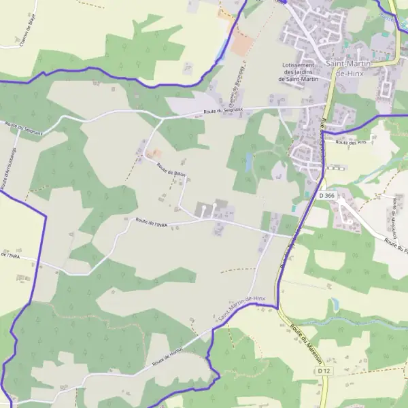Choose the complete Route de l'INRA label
(152, 222)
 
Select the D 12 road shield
(323, 371)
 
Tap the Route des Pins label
(347, 143)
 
